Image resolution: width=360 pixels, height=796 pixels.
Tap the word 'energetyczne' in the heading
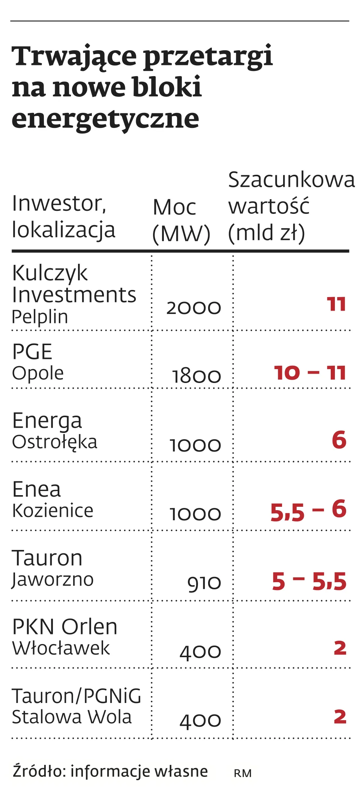(x=105, y=119)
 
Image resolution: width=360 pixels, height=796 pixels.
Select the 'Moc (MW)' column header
(x=181, y=220)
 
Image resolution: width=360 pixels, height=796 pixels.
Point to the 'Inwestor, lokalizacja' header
(x=63, y=216)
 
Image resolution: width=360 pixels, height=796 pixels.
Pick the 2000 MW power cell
(x=193, y=308)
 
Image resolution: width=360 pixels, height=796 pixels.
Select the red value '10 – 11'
(x=310, y=373)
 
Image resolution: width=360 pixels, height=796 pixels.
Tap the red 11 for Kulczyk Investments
(x=336, y=304)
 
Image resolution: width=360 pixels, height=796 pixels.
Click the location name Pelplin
(x=40, y=317)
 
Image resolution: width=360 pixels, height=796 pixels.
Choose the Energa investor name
(x=47, y=421)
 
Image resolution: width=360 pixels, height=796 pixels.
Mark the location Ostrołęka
(x=54, y=442)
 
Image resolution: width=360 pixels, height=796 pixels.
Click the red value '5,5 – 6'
(x=308, y=511)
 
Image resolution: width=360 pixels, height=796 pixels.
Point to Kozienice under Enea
(x=52, y=511)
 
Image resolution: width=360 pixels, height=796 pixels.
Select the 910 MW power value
(x=204, y=583)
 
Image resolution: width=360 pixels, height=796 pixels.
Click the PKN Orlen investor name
(x=64, y=627)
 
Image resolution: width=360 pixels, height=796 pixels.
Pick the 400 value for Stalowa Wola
(x=200, y=721)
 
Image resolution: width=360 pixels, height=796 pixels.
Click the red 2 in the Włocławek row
(x=340, y=648)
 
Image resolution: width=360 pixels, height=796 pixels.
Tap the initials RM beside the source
(x=243, y=773)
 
